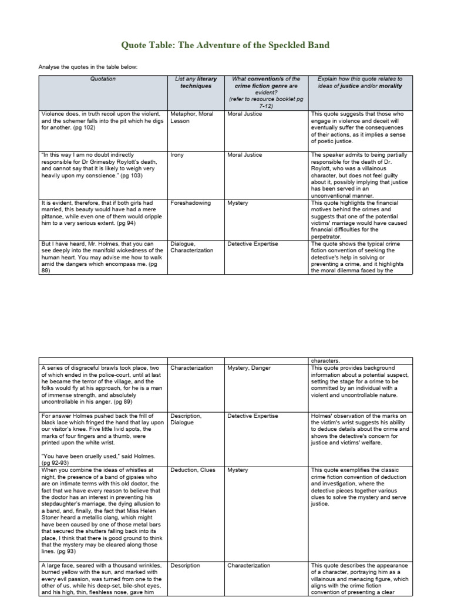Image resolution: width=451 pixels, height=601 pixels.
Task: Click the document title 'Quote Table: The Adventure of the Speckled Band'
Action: (225, 45)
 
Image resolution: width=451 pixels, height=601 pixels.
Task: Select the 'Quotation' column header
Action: (103, 79)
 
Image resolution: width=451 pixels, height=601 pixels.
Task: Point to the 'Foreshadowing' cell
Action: (187, 203)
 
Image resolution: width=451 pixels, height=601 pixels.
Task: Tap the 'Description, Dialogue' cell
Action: (186, 419)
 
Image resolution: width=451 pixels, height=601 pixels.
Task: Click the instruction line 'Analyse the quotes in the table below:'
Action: (87, 66)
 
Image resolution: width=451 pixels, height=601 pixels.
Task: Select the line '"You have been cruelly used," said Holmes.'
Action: (98, 456)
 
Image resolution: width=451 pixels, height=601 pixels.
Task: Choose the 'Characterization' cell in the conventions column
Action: (248, 566)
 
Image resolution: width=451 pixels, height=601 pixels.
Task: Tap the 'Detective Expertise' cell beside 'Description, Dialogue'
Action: (253, 416)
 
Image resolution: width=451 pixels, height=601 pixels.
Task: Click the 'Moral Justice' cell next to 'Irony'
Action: (244, 155)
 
